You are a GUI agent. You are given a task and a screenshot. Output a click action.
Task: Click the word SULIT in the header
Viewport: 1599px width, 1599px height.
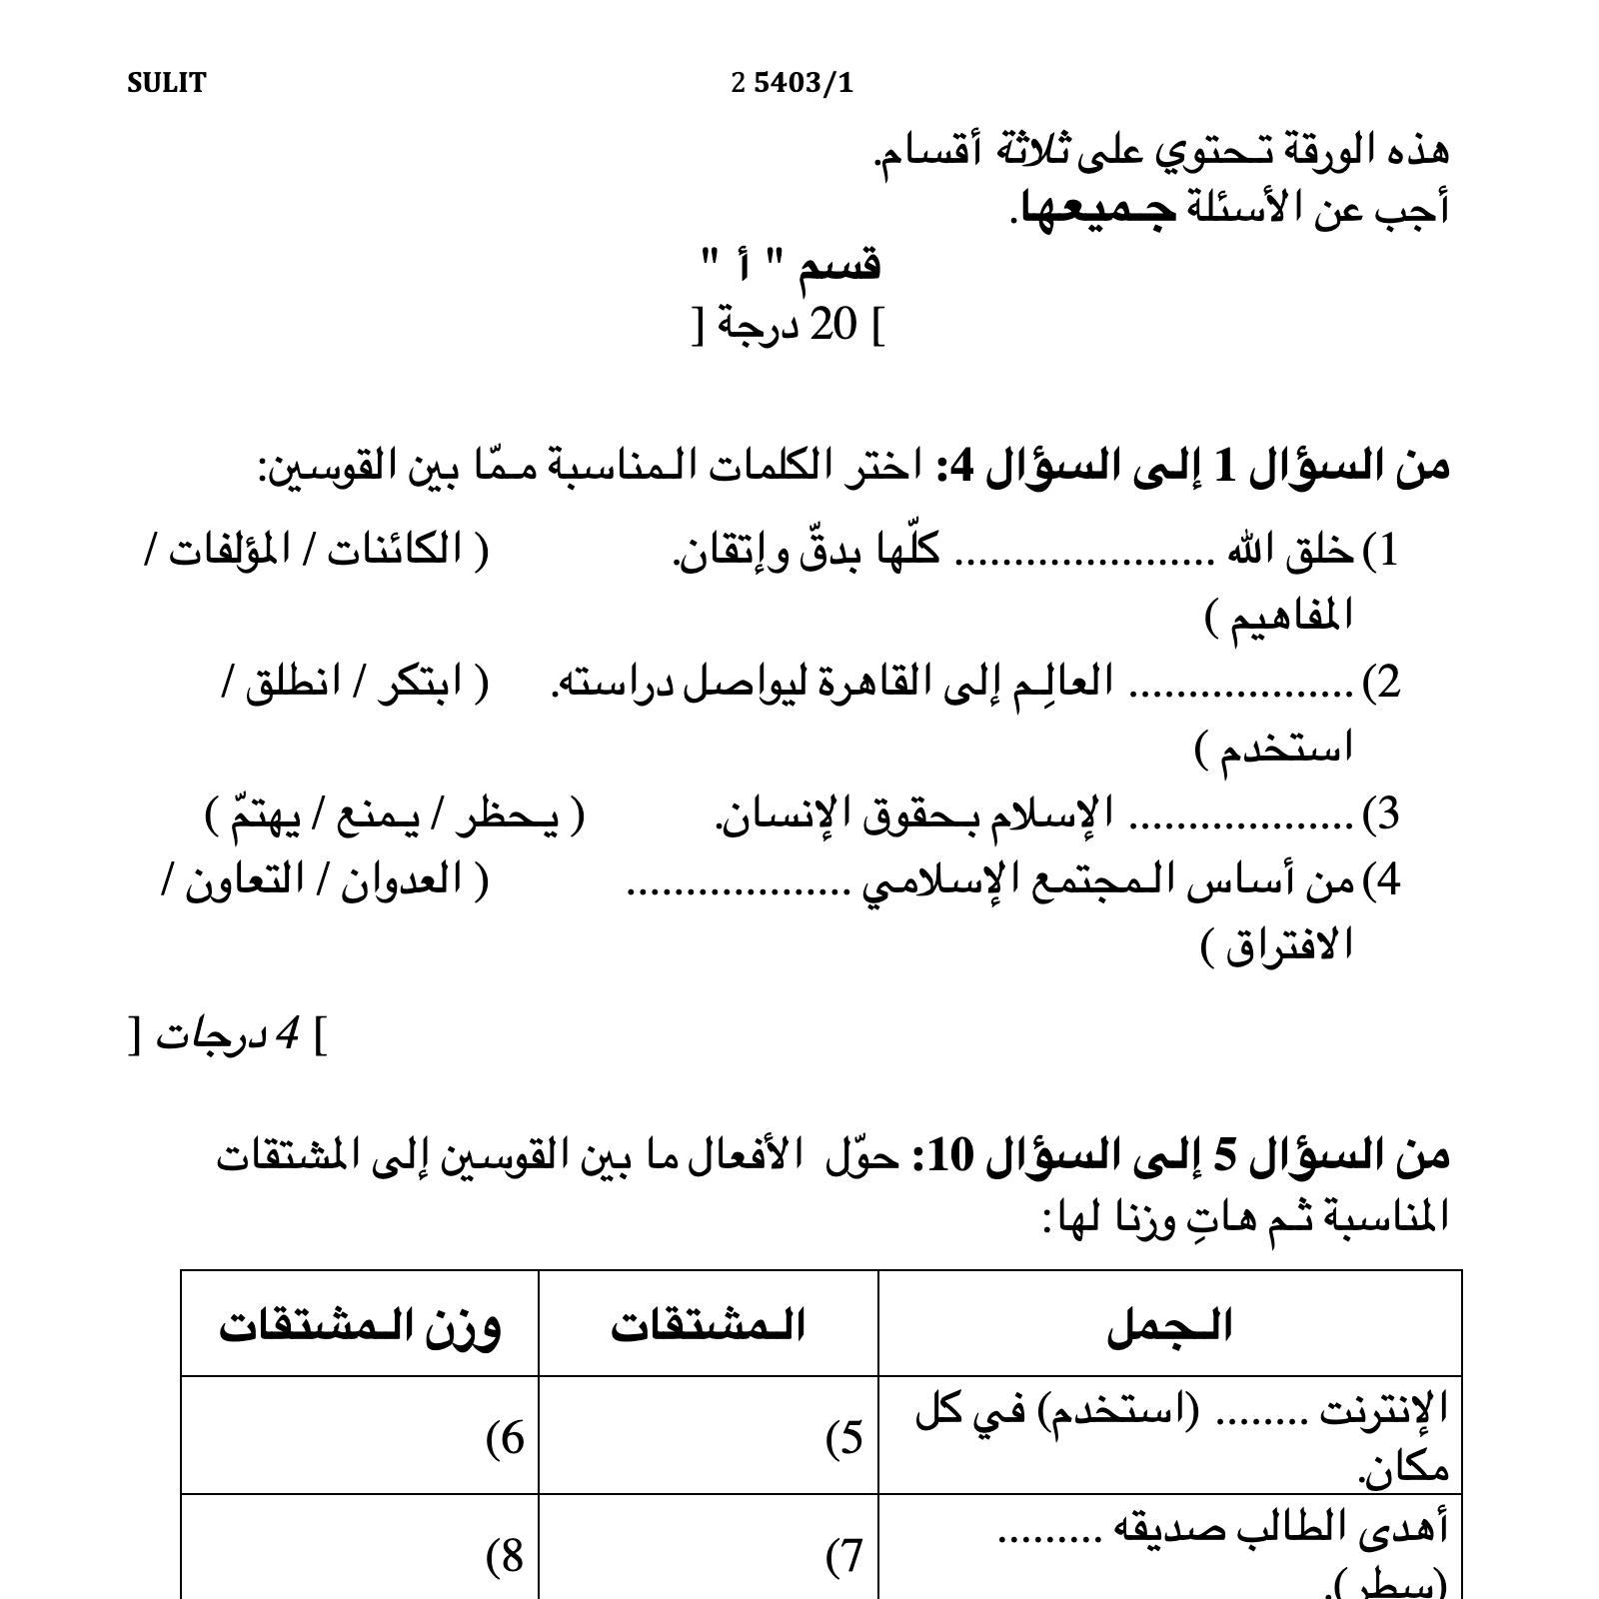166,83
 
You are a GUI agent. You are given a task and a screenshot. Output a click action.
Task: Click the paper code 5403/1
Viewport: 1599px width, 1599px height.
802,83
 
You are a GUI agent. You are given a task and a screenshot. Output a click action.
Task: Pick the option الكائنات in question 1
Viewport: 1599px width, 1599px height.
395,550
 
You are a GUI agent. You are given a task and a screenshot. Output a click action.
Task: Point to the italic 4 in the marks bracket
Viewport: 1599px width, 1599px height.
289,1036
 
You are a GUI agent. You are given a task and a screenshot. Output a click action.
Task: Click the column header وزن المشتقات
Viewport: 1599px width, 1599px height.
360,1326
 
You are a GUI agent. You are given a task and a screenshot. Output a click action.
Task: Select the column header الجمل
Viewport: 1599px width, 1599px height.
1169,1326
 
